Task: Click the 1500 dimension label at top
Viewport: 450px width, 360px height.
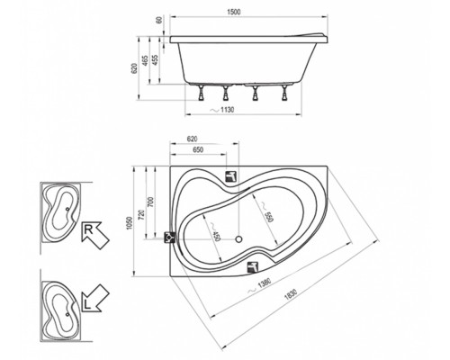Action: (x=234, y=12)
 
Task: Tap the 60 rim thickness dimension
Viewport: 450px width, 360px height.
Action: (x=159, y=20)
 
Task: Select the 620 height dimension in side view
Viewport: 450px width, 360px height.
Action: (x=135, y=68)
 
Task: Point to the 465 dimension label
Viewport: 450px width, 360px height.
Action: (x=145, y=61)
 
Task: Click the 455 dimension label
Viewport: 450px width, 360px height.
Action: (x=156, y=60)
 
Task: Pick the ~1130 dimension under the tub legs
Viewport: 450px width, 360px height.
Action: (x=222, y=110)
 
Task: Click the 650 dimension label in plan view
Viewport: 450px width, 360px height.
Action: (x=197, y=149)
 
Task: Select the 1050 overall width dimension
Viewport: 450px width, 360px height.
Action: (x=129, y=223)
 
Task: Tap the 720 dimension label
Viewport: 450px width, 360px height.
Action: (x=142, y=214)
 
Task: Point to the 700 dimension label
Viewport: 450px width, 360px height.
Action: (x=150, y=202)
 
